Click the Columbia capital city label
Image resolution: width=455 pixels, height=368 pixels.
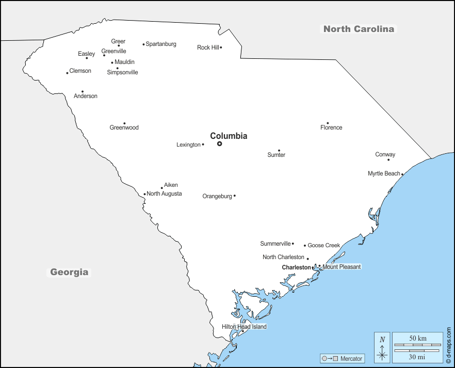click(229, 136)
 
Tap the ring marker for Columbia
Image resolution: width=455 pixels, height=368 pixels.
click(219, 144)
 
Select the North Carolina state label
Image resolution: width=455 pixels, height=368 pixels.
click(359, 29)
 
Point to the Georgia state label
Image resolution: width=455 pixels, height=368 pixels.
click(69, 272)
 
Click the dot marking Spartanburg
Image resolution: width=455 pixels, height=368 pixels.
click(143, 44)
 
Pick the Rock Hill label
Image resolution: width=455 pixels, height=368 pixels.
click(208, 47)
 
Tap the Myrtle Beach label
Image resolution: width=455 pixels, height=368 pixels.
click(384, 173)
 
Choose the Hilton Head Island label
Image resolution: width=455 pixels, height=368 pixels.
click(244, 327)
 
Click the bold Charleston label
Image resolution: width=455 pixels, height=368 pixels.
click(296, 267)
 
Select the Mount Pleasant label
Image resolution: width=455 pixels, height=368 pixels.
click(342, 267)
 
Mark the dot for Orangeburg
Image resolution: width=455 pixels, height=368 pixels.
click(235, 196)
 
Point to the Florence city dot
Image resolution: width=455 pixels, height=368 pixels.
click(328, 123)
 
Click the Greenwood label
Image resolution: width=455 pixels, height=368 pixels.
click(124, 127)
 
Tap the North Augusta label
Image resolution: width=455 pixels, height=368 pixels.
click(164, 194)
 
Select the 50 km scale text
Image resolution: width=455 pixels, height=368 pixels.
click(418, 338)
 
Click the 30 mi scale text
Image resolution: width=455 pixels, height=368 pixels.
click(418, 357)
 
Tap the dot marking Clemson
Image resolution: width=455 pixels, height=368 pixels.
click(67, 73)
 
